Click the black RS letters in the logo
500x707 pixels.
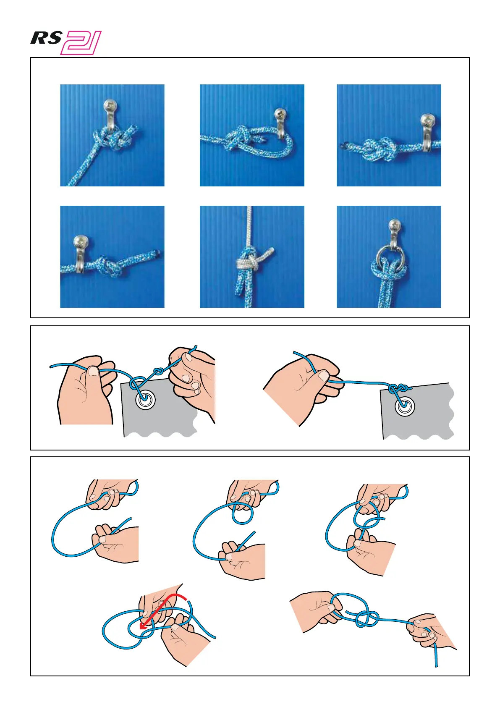(x=46, y=38)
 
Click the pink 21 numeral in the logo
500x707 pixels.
(x=81, y=42)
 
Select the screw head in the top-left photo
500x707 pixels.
(x=110, y=105)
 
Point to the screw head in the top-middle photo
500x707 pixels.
(x=280, y=113)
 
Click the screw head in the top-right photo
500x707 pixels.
(x=428, y=120)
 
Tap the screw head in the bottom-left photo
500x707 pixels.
(x=80, y=242)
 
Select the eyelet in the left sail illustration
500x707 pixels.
(x=146, y=399)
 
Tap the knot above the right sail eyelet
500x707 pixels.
(x=399, y=388)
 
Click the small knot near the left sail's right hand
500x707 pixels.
(x=158, y=370)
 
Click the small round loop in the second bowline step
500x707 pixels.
(x=242, y=513)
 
